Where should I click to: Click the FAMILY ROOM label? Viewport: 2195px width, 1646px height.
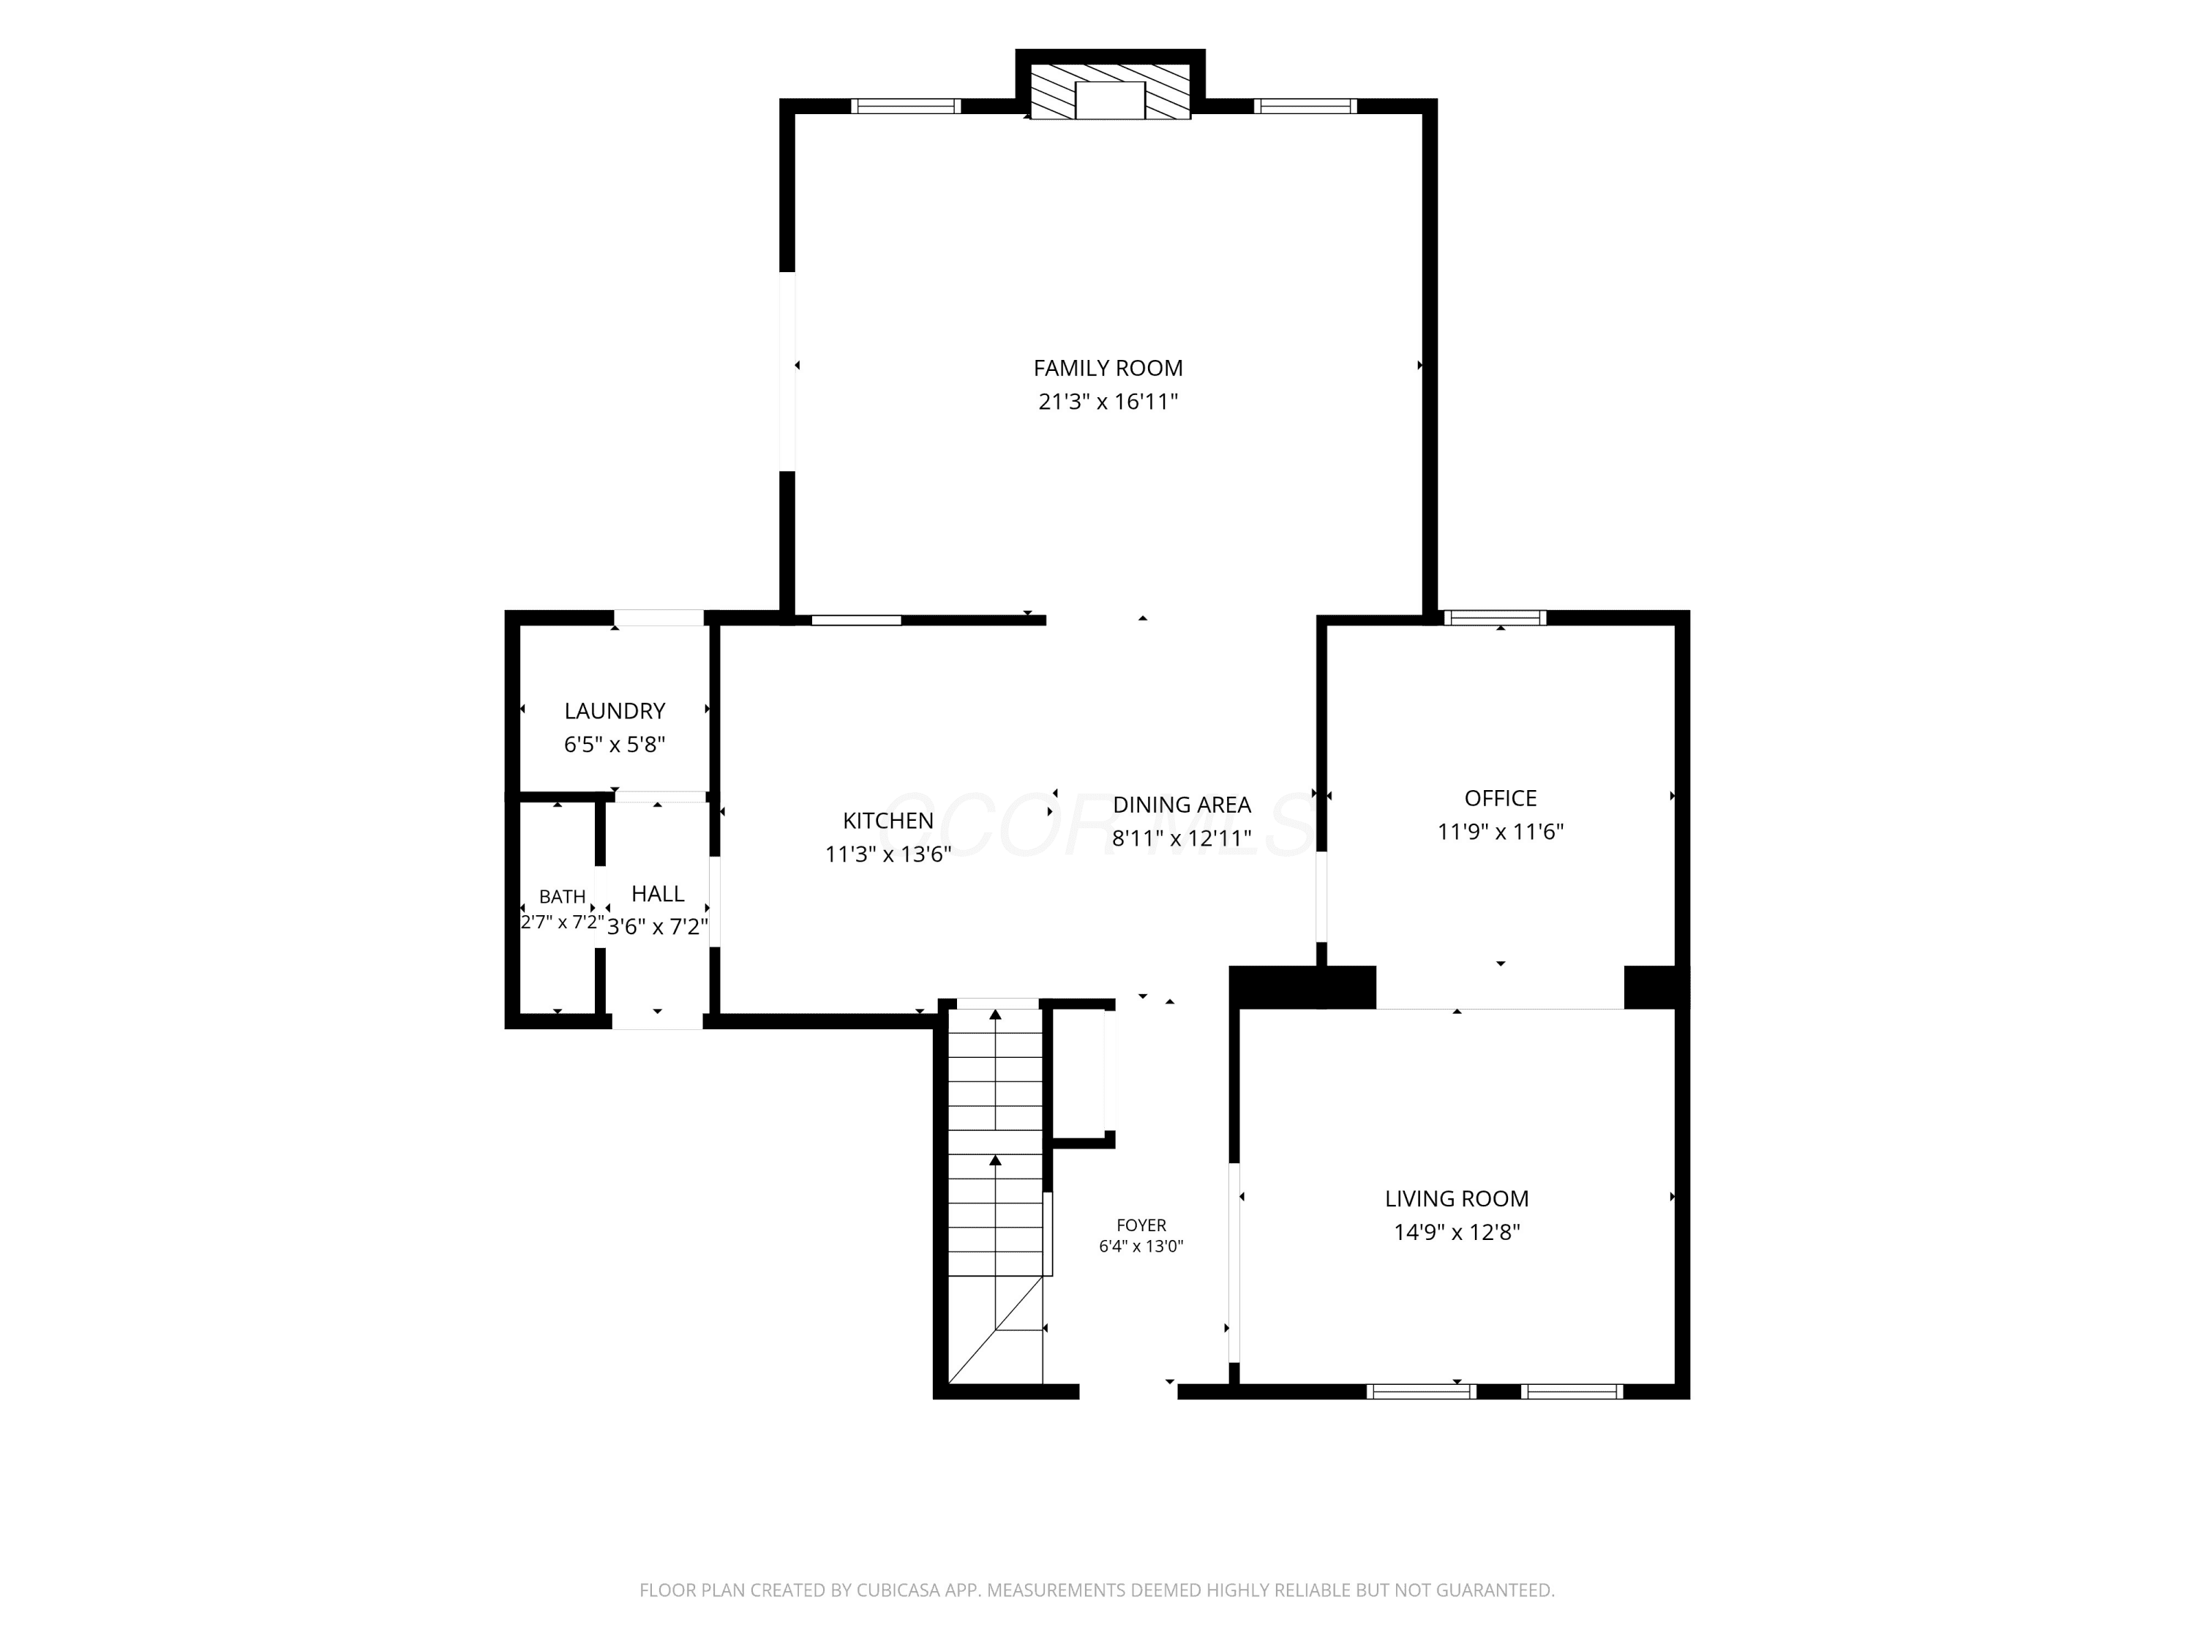pyautogui.click(x=1108, y=368)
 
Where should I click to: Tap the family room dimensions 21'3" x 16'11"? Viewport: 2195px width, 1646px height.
pyautogui.click(x=1108, y=402)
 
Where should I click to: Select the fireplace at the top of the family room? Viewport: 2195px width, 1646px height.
pyautogui.click(x=1111, y=93)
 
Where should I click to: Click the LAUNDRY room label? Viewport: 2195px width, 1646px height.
pyautogui.click(x=615, y=710)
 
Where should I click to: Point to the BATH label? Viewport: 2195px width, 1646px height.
pyautogui.click(x=562, y=896)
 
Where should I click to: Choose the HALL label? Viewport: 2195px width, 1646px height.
pyautogui.click(x=657, y=893)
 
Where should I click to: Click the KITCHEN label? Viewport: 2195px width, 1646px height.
pyautogui.click(x=888, y=821)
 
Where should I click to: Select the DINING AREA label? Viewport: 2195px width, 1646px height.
pyautogui.click(x=1182, y=805)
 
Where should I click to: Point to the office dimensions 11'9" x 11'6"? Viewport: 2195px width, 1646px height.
pyautogui.click(x=1501, y=832)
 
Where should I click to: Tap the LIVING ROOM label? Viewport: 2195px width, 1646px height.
pyautogui.click(x=1457, y=1198)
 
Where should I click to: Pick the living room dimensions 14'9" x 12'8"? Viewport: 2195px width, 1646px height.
pyautogui.click(x=1457, y=1232)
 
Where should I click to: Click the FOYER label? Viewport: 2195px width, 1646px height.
pyautogui.click(x=1141, y=1225)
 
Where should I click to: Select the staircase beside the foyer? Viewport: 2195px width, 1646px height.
pyautogui.click(x=995, y=1195)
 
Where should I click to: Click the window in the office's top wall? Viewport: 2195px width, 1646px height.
pyautogui.click(x=1494, y=618)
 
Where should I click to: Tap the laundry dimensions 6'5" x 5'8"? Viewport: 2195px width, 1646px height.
pyautogui.click(x=615, y=744)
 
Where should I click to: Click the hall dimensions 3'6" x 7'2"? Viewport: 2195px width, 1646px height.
pyautogui.click(x=657, y=927)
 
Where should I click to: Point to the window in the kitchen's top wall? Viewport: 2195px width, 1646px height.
pyautogui.click(x=856, y=620)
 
